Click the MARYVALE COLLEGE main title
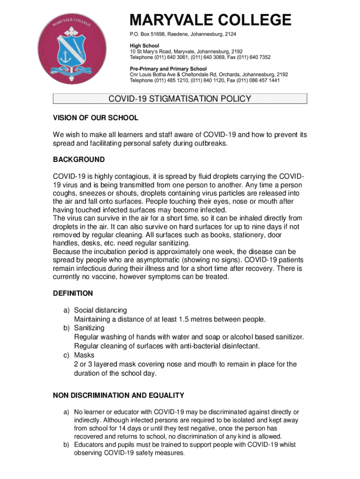pyautogui.click(x=210, y=21)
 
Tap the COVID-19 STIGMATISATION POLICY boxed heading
pyautogui.click(x=180, y=99)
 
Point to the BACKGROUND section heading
pyautogui.click(x=79, y=160)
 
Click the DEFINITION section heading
pyautogui.click(x=73, y=293)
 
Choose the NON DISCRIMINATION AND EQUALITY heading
pyautogui.click(x=118, y=396)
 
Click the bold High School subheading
pyautogui.click(x=144, y=46)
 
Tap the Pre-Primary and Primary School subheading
pyautogui.click(x=168, y=69)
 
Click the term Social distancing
pyautogui.click(x=101, y=310)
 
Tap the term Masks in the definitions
pyautogui.click(x=84, y=355)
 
